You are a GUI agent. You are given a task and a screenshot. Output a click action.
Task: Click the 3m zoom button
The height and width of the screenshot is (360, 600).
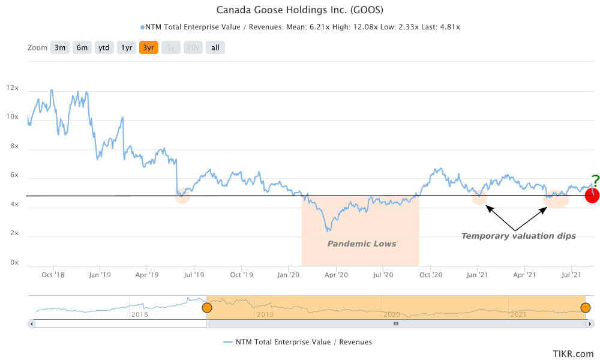[x=60, y=47]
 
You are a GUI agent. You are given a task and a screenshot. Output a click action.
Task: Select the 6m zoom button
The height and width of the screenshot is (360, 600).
[x=82, y=47]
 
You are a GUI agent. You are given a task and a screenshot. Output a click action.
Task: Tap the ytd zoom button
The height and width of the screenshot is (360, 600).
[x=104, y=47]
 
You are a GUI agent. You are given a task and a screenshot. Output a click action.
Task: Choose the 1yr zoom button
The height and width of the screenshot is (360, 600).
[x=127, y=47]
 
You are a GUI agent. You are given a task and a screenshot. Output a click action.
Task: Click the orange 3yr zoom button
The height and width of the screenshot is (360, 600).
[x=149, y=47]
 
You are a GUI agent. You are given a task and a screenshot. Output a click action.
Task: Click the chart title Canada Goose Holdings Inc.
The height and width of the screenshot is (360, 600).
[x=299, y=10]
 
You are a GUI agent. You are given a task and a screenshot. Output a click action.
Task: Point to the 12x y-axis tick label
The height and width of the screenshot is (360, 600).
[x=13, y=88]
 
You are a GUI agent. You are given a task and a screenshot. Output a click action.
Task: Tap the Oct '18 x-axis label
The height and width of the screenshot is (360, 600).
[x=52, y=275]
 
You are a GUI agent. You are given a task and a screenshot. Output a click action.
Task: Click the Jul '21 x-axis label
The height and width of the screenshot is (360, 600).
[x=571, y=275]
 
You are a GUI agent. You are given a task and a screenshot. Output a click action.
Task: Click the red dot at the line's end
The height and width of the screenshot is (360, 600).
[x=592, y=196]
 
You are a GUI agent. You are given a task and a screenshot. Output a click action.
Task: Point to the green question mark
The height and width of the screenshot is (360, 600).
[x=595, y=179]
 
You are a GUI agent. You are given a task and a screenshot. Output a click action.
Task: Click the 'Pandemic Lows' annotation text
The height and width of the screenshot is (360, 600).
[x=362, y=244]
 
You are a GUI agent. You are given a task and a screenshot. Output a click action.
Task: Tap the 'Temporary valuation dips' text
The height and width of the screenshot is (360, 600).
[x=518, y=236]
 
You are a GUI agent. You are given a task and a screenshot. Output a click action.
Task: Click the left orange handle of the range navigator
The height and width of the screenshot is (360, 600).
[x=207, y=308]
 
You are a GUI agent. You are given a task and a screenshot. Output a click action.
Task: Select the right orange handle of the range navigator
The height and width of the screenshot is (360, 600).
[x=585, y=308]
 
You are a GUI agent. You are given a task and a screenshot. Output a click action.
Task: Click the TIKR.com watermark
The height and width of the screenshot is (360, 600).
[x=574, y=354]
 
